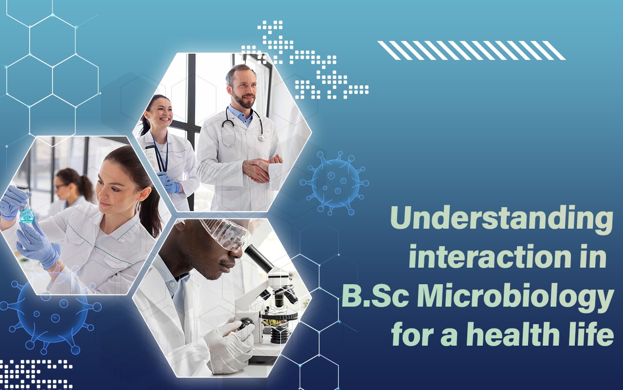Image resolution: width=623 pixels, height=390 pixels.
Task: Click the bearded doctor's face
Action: (x=241, y=88)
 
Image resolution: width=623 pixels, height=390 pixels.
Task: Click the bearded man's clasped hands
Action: (x=261, y=168)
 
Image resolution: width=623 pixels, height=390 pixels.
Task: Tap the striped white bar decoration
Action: (x=471, y=50)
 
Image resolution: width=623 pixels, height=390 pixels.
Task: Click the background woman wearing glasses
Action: (x=68, y=188)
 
